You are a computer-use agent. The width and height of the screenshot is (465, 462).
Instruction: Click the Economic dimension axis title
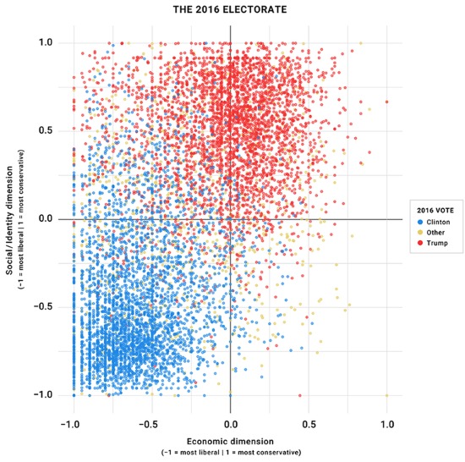[230, 441]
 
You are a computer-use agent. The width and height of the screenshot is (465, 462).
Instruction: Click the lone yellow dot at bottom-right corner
[387, 395]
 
